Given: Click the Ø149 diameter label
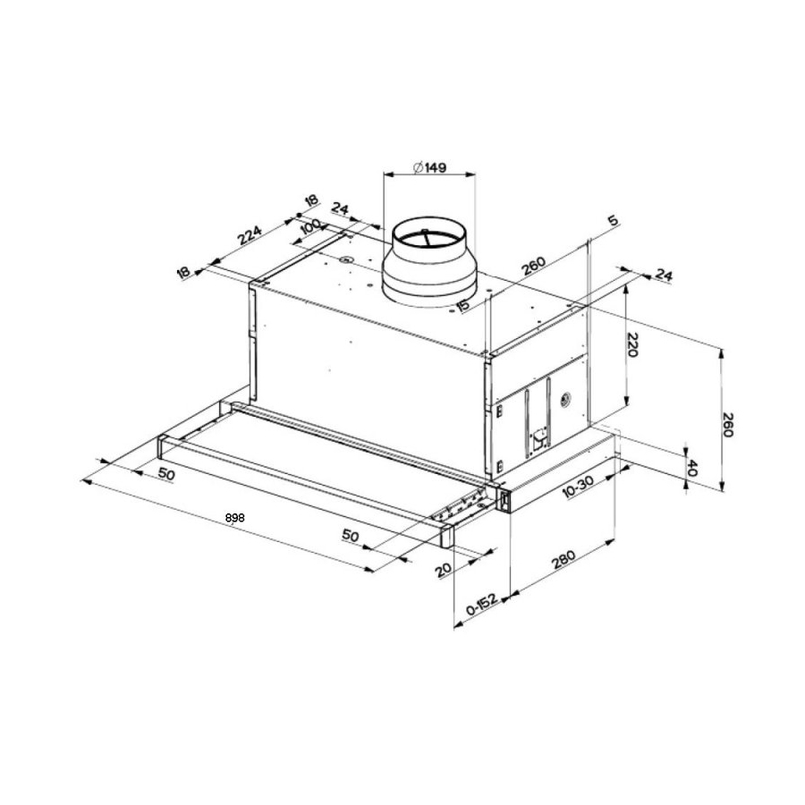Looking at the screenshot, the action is click(429, 167).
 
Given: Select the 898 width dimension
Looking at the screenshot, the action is click(234, 518).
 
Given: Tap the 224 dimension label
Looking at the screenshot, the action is click(250, 235).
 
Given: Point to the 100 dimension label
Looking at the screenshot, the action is click(309, 226).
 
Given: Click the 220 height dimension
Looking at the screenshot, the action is click(632, 345).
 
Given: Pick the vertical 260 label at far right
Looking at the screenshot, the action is click(727, 424).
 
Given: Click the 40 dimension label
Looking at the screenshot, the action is click(691, 468).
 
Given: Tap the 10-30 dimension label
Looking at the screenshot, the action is click(578, 487).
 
